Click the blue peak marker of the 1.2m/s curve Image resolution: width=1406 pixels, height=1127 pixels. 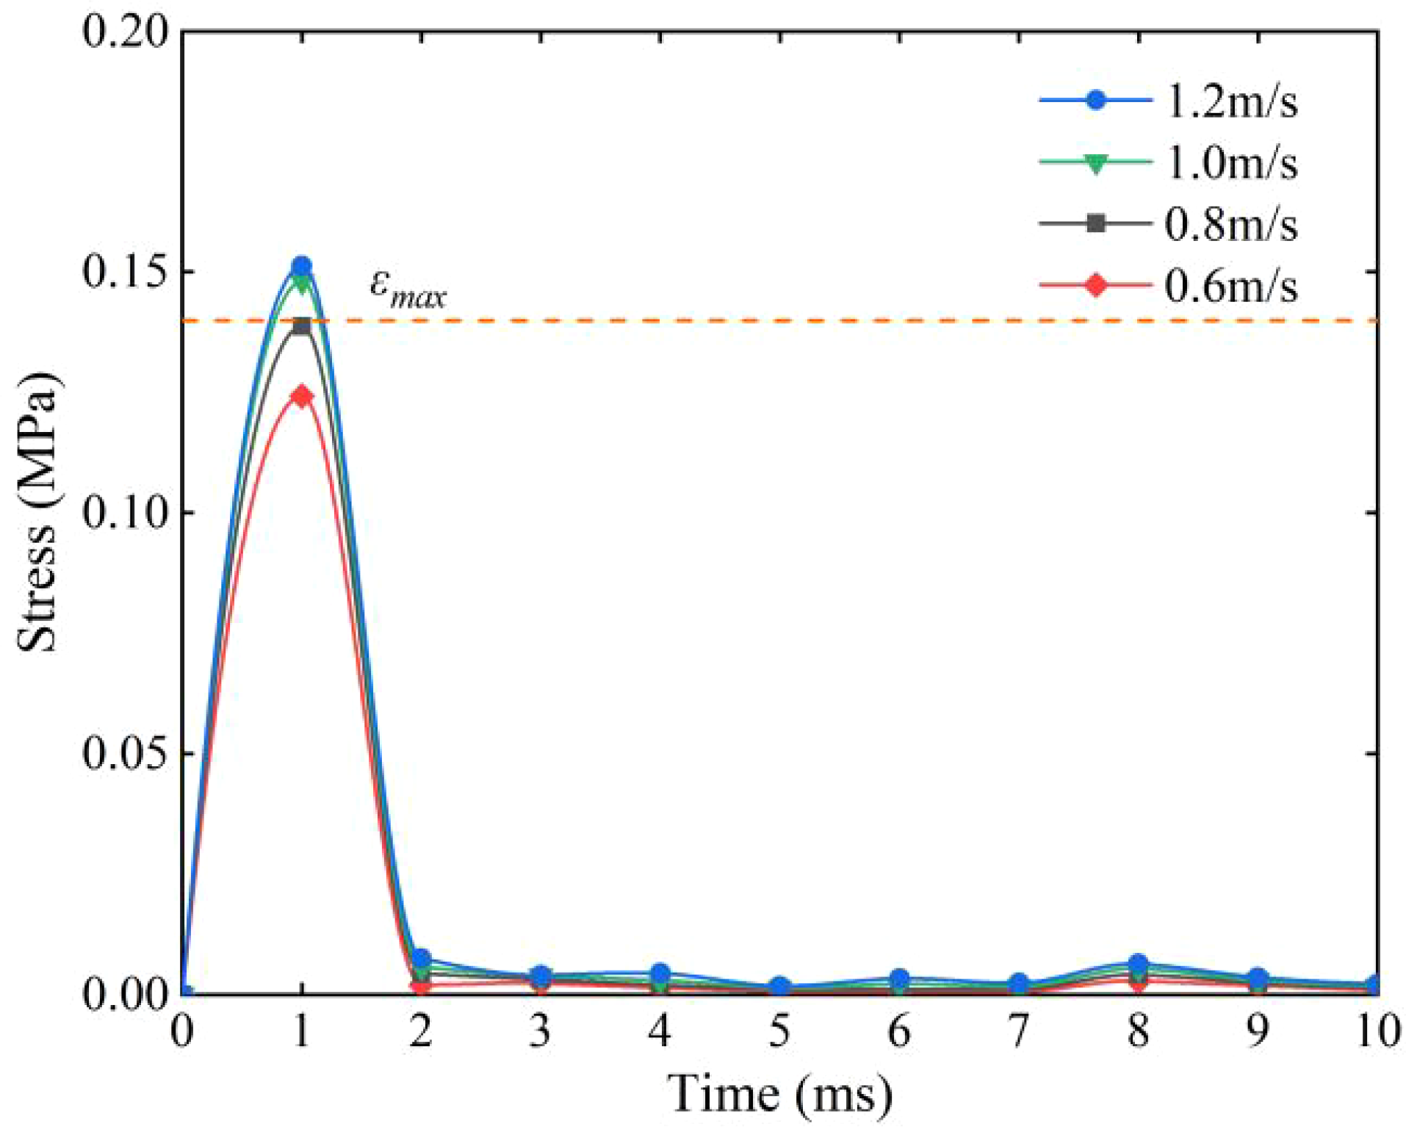point(301,266)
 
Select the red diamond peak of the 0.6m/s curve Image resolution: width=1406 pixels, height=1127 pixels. point(301,397)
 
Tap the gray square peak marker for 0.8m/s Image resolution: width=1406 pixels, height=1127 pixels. point(301,326)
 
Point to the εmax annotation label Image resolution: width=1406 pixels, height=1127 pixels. point(408,288)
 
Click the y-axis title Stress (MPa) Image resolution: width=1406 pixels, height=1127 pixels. point(37,512)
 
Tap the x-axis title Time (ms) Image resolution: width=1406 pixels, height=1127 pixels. point(780,1093)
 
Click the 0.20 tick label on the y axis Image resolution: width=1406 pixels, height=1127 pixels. point(123,32)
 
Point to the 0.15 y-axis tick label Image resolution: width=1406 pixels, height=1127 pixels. point(123,273)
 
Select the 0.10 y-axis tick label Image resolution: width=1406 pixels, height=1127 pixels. point(123,512)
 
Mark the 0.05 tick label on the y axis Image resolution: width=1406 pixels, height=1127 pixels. point(123,753)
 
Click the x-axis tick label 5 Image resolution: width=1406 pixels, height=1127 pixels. point(780,1031)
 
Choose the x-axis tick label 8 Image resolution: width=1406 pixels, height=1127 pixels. point(1139,1031)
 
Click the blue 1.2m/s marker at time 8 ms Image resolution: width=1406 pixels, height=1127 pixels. point(1139,963)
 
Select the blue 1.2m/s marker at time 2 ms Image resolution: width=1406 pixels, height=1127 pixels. point(421,958)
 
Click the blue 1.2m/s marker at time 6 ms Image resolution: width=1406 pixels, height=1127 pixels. point(900,979)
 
